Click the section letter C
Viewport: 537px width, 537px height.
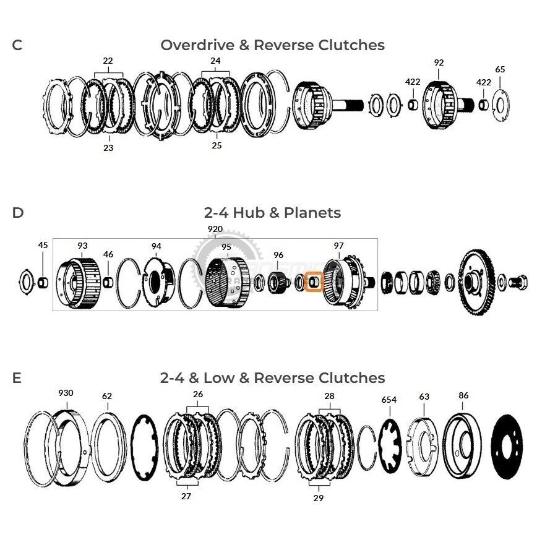pyautogui.click(x=17, y=45)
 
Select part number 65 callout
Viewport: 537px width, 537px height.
pyautogui.click(x=500, y=69)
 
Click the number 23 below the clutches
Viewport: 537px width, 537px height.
pyautogui.click(x=108, y=148)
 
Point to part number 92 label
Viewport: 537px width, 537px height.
pyautogui.click(x=439, y=62)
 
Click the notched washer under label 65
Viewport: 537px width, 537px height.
pyautogui.click(x=500, y=105)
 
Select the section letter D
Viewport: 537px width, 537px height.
pyautogui.click(x=18, y=213)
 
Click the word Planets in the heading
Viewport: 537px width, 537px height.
pyautogui.click(x=312, y=213)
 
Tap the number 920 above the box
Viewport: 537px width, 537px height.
pyautogui.click(x=215, y=229)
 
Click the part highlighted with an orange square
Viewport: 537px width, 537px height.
pyautogui.click(x=314, y=282)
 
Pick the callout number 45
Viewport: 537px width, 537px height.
pyautogui.click(x=43, y=245)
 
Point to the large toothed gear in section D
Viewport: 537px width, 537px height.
pyautogui.click(x=478, y=282)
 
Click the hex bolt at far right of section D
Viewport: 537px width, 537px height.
pyautogui.click(x=517, y=282)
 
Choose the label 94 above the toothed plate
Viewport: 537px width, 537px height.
pyautogui.click(x=156, y=246)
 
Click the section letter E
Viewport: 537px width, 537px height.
pyautogui.click(x=17, y=378)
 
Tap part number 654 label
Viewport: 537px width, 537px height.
pyautogui.click(x=389, y=400)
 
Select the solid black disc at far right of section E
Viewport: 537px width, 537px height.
pyautogui.click(x=507, y=447)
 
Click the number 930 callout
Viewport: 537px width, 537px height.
pyautogui.click(x=66, y=393)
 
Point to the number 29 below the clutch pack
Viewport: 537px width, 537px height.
pyautogui.click(x=319, y=498)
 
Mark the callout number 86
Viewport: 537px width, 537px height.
pyautogui.click(x=463, y=395)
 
